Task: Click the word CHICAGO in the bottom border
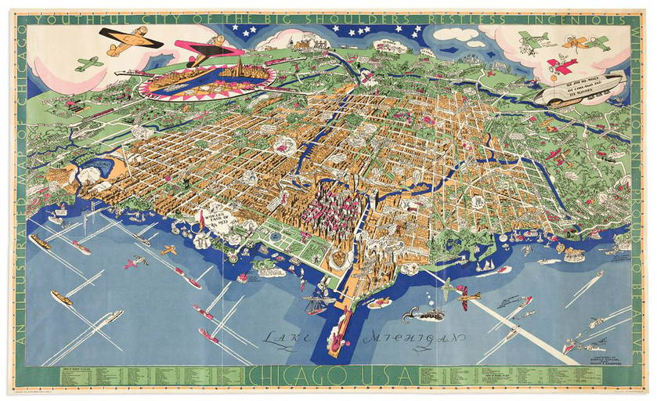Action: pyautogui.click(x=294, y=375)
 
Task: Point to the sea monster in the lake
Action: pyautogui.click(x=412, y=316)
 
